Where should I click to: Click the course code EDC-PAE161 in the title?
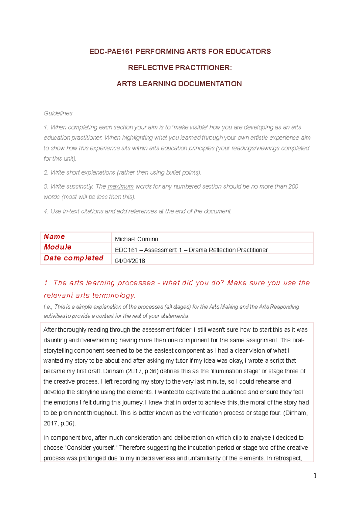click(111, 52)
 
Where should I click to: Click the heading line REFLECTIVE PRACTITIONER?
click(180, 68)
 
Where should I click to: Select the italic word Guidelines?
click(58, 113)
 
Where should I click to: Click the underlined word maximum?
click(120, 186)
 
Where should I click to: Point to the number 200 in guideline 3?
click(293, 186)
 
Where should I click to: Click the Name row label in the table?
click(54, 237)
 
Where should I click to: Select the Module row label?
click(58, 247)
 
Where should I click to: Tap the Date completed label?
click(73, 258)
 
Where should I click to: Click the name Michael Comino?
click(136, 239)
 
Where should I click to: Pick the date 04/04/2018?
click(130, 261)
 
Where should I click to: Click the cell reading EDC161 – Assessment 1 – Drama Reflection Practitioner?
click(191, 250)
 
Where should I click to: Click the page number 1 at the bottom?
click(315, 475)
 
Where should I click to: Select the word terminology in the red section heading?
click(114, 295)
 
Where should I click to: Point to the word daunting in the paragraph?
click(55, 340)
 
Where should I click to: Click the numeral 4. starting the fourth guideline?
click(46, 211)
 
